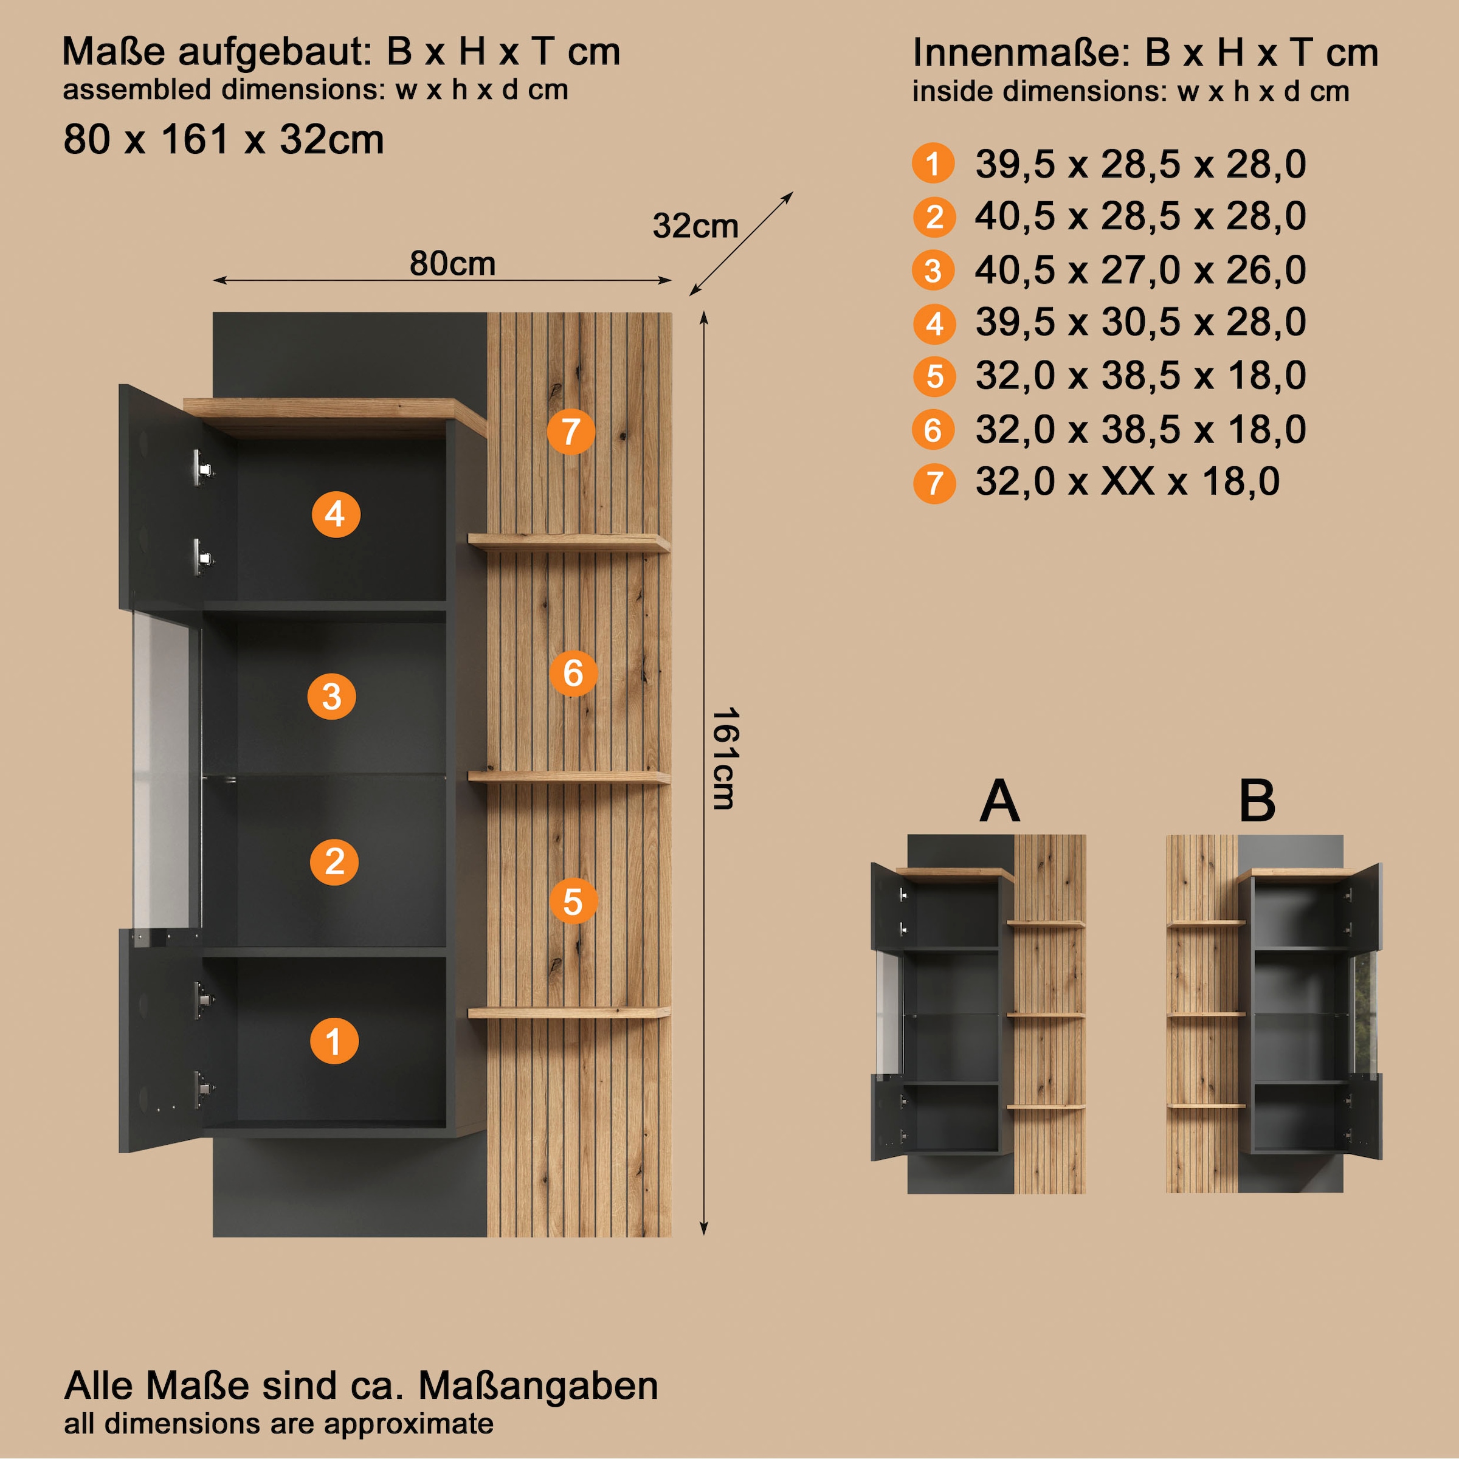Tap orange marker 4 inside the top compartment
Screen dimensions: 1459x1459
[x=336, y=514]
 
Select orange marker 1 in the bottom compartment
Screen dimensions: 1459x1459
[x=334, y=1041]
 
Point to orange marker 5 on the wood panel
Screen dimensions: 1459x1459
[x=573, y=901]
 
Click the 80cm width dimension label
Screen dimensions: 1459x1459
[x=452, y=264]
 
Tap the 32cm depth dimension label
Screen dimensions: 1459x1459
[x=695, y=226]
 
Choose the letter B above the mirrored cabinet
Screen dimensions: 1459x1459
[x=1257, y=801]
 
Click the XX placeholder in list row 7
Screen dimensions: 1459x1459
[x=1128, y=481]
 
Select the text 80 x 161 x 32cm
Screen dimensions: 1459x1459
[x=224, y=140]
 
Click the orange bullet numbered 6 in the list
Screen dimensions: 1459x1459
[x=933, y=430]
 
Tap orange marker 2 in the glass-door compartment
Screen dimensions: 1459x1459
[x=334, y=861]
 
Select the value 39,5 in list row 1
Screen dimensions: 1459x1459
[x=1015, y=164]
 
